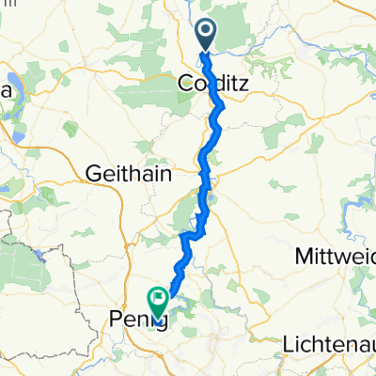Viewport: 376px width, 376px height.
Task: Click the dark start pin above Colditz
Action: point(205,37)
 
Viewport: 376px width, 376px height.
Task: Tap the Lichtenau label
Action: point(329,344)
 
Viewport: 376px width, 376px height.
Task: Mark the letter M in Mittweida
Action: point(302,256)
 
